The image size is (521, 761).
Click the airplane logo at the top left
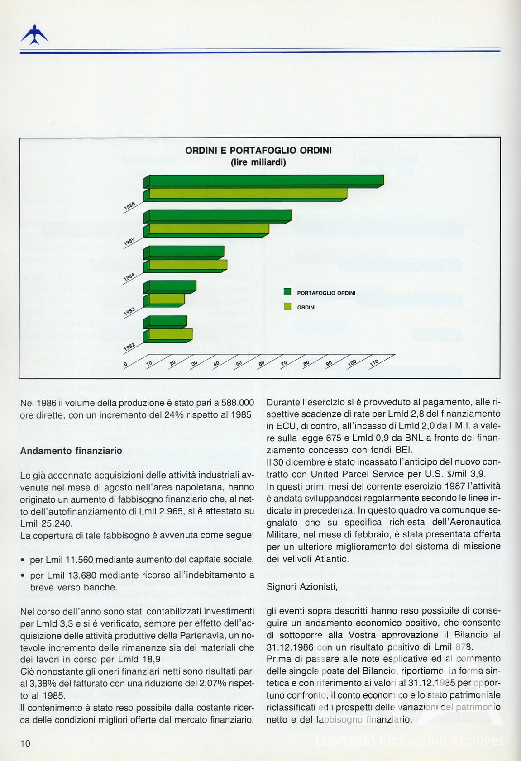click(x=34, y=34)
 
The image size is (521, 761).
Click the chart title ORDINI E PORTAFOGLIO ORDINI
click(x=258, y=151)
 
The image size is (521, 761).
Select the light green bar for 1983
click(x=167, y=299)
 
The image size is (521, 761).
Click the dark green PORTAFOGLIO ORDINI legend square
click(x=287, y=292)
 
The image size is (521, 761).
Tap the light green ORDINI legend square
click(x=287, y=307)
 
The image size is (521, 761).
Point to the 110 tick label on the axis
click(x=374, y=362)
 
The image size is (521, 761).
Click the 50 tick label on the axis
click(x=239, y=363)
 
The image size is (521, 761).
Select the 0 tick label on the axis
click(x=126, y=364)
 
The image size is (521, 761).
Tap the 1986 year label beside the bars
click(x=129, y=206)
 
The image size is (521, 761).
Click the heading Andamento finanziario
click(x=71, y=451)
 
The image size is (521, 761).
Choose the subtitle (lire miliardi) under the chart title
click(x=258, y=162)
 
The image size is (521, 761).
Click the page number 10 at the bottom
click(x=25, y=743)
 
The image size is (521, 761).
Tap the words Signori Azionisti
click(x=302, y=587)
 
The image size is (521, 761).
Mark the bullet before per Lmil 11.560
click(x=23, y=561)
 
